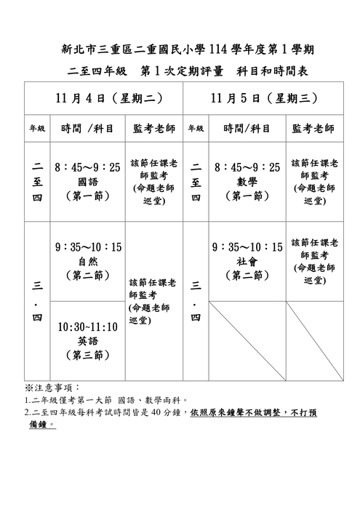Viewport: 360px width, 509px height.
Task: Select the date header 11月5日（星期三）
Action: click(x=263, y=98)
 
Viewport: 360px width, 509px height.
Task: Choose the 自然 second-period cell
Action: click(x=87, y=261)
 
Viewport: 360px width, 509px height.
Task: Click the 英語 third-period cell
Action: click(x=87, y=340)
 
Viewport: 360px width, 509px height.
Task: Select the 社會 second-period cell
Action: click(x=247, y=261)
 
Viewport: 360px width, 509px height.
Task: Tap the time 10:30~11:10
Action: click(x=87, y=326)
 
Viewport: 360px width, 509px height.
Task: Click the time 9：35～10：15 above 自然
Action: click(x=87, y=247)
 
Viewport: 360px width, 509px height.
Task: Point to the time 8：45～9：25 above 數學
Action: click(x=247, y=167)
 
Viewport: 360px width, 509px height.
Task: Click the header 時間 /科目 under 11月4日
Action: click(x=87, y=129)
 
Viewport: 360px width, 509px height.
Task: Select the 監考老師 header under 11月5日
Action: click(x=313, y=129)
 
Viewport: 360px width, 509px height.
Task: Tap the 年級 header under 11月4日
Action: click(x=37, y=129)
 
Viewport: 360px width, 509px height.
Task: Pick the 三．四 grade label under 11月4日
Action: click(x=37, y=300)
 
